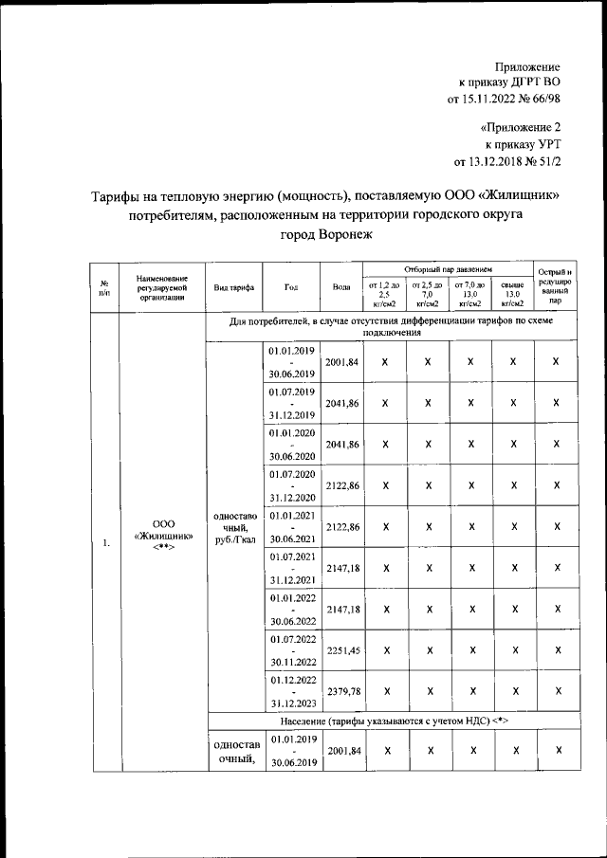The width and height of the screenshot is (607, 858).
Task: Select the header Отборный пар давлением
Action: point(448,270)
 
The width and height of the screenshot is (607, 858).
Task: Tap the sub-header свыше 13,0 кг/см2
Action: point(512,294)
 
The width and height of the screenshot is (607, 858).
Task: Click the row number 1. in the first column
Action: point(104,542)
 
